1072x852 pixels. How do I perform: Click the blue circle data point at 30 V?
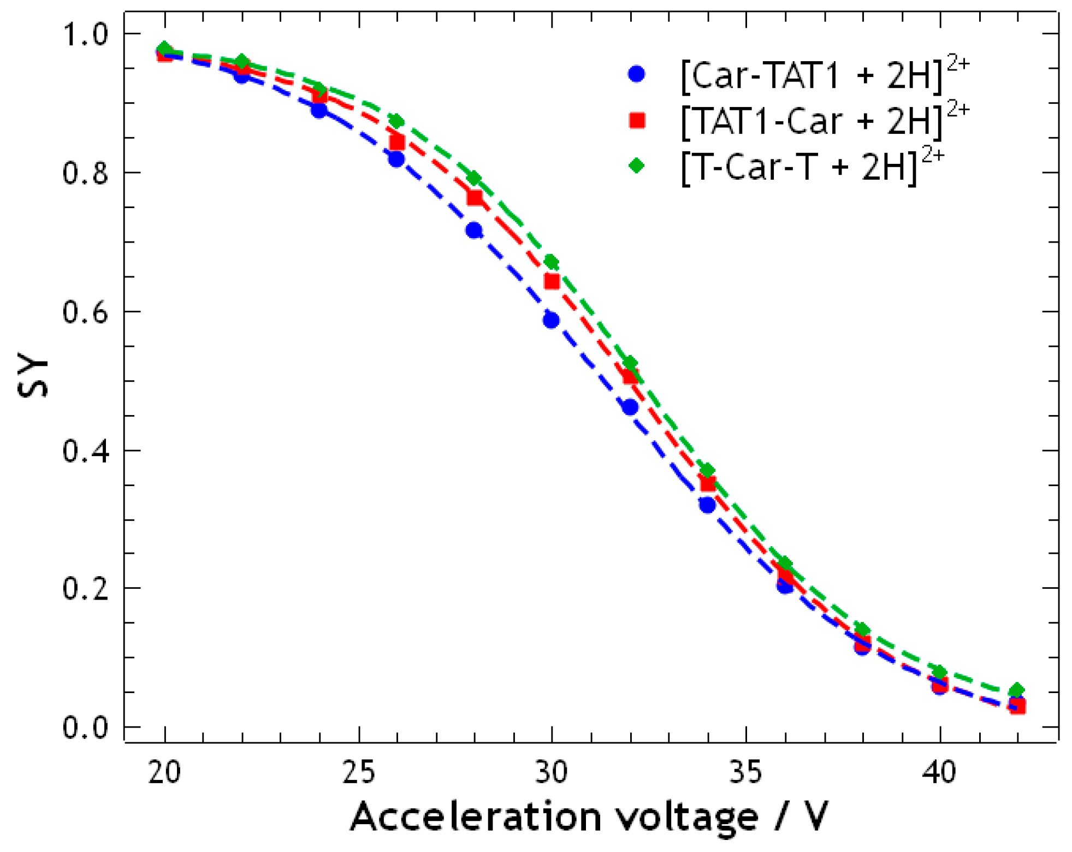552,320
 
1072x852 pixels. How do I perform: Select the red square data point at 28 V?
475,197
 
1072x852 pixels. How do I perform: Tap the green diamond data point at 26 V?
397,121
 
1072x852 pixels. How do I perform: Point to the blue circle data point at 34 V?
707,505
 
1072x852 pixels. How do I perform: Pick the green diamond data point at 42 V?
1016,690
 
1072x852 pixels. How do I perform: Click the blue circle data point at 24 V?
319,110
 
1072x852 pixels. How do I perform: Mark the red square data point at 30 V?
552,281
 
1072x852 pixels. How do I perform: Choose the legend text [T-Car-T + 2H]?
799,167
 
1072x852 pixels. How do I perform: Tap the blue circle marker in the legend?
637,74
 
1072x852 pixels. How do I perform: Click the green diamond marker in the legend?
637,165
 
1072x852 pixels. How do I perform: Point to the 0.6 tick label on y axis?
85,312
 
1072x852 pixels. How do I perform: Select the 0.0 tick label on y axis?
85,728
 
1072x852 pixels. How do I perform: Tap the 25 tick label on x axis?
359,772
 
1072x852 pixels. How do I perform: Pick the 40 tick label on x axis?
939,772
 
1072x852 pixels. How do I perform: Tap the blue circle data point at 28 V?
474,230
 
